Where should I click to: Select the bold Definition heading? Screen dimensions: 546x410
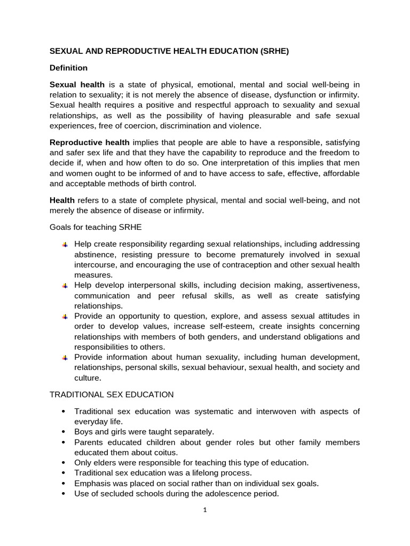point(68,68)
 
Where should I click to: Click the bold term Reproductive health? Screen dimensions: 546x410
point(89,142)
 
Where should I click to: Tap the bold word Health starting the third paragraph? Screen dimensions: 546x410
point(62,200)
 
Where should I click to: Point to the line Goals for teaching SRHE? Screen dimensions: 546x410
point(96,227)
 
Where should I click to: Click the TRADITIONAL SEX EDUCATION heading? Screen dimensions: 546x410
point(112,395)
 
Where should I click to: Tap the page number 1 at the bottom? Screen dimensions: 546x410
point(204,509)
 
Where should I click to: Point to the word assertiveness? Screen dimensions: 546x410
point(332,285)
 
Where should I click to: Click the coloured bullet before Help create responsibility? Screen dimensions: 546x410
point(65,244)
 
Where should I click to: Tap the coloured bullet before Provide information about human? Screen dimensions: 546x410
point(65,357)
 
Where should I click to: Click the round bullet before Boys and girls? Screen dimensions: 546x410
point(64,432)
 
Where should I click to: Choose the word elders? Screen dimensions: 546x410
point(106,463)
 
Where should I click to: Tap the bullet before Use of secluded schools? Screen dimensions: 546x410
point(64,494)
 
